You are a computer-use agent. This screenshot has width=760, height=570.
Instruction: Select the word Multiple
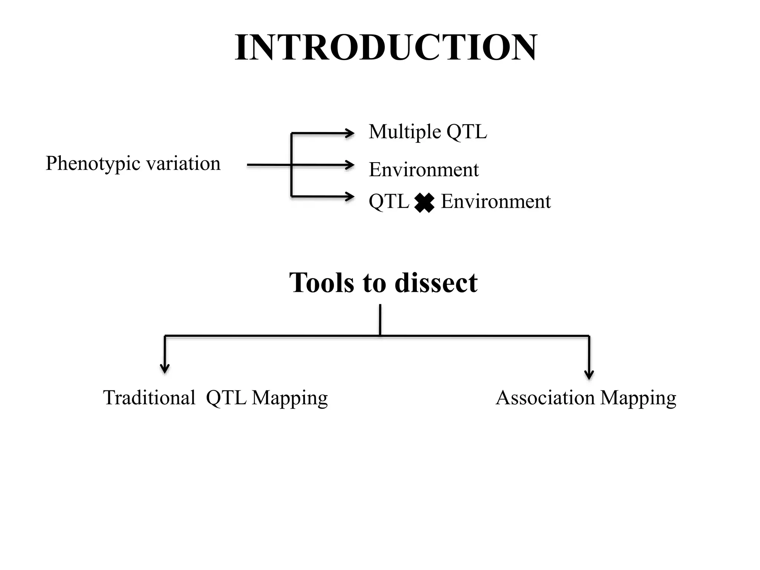(x=405, y=132)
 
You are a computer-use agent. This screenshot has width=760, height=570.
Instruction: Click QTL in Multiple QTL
(x=466, y=131)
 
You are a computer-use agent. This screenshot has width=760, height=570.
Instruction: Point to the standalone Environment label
(x=423, y=170)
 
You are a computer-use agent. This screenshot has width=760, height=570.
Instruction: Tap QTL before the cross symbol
(x=389, y=202)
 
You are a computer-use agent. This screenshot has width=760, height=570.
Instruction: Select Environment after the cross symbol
(x=495, y=202)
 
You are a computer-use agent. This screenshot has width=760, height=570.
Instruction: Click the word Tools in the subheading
(x=321, y=283)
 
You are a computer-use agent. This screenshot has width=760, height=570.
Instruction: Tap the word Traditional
(x=149, y=398)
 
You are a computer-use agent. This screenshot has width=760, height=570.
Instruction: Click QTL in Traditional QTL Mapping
(x=226, y=398)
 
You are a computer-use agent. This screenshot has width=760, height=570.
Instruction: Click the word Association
(x=545, y=398)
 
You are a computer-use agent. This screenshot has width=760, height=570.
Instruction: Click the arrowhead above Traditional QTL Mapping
(x=165, y=368)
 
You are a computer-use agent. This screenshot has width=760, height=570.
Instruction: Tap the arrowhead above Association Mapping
(x=589, y=375)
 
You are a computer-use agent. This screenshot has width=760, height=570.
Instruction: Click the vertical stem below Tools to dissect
(x=380, y=320)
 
